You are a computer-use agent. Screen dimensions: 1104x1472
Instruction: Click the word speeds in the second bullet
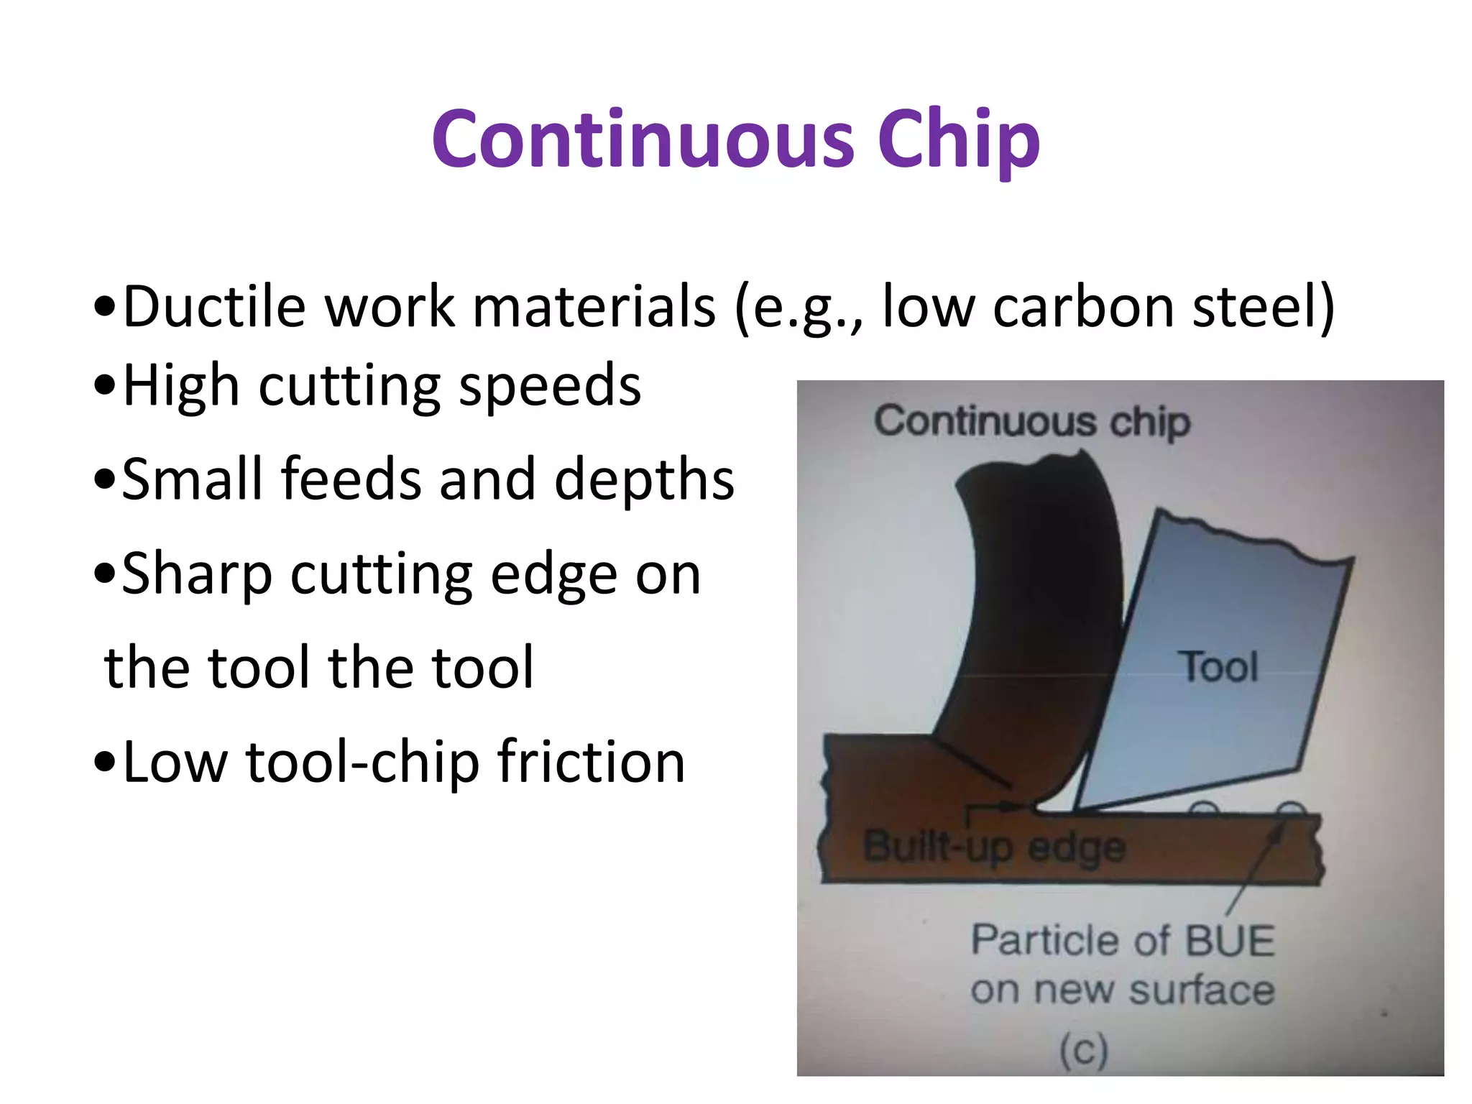coord(549,386)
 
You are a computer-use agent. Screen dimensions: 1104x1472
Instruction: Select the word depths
coord(645,479)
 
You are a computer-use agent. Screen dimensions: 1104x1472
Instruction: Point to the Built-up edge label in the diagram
coord(994,847)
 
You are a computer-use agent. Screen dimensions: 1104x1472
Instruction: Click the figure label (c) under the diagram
coord(1084,1051)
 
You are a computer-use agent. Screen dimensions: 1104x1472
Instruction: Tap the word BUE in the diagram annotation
coord(1230,940)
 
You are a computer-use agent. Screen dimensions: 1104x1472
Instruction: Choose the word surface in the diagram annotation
coord(1202,990)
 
